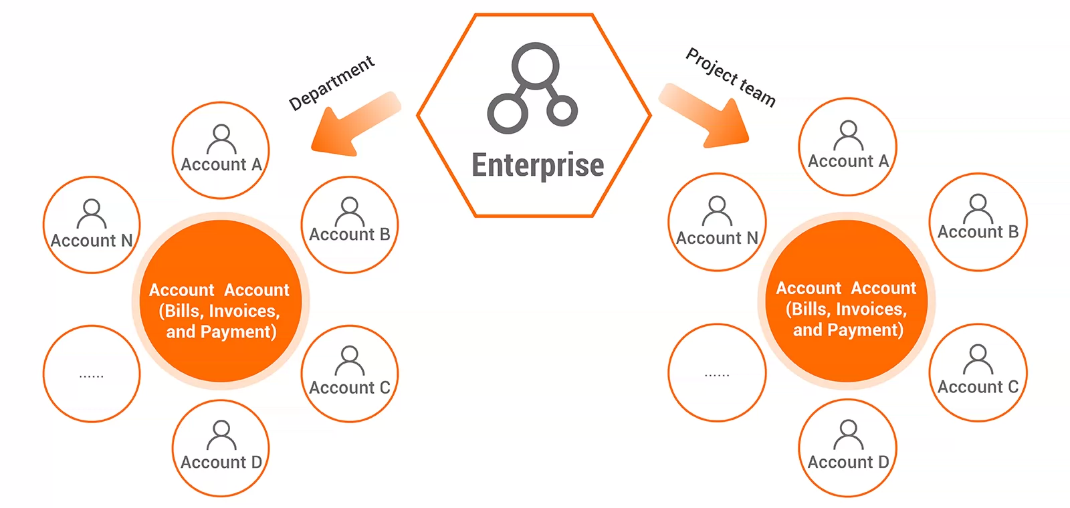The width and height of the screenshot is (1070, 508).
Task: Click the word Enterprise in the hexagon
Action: tap(538, 165)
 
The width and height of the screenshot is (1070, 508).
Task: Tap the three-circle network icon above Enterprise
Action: tap(534, 87)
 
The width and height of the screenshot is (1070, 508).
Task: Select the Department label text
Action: tap(332, 84)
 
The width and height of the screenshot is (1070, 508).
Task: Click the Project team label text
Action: tap(731, 78)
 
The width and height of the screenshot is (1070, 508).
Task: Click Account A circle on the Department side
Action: tap(221, 150)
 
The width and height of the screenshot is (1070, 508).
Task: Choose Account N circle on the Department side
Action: tap(92, 225)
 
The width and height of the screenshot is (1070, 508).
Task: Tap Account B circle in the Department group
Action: tap(349, 225)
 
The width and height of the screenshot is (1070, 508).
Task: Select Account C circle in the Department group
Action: tap(349, 374)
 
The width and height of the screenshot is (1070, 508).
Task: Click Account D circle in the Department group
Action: tap(221, 448)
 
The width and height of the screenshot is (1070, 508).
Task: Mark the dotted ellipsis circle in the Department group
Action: tap(92, 374)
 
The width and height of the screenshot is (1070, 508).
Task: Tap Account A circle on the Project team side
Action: tap(847, 147)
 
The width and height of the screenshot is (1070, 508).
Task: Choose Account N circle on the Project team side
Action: tap(717, 222)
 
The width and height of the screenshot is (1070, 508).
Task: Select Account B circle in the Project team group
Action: tap(978, 222)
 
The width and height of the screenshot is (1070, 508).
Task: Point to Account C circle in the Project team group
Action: tap(978, 372)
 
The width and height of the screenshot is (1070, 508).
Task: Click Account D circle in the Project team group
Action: tap(847, 448)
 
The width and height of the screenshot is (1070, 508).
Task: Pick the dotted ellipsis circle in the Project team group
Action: tap(717, 372)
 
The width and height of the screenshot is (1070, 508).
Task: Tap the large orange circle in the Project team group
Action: tap(847, 301)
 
